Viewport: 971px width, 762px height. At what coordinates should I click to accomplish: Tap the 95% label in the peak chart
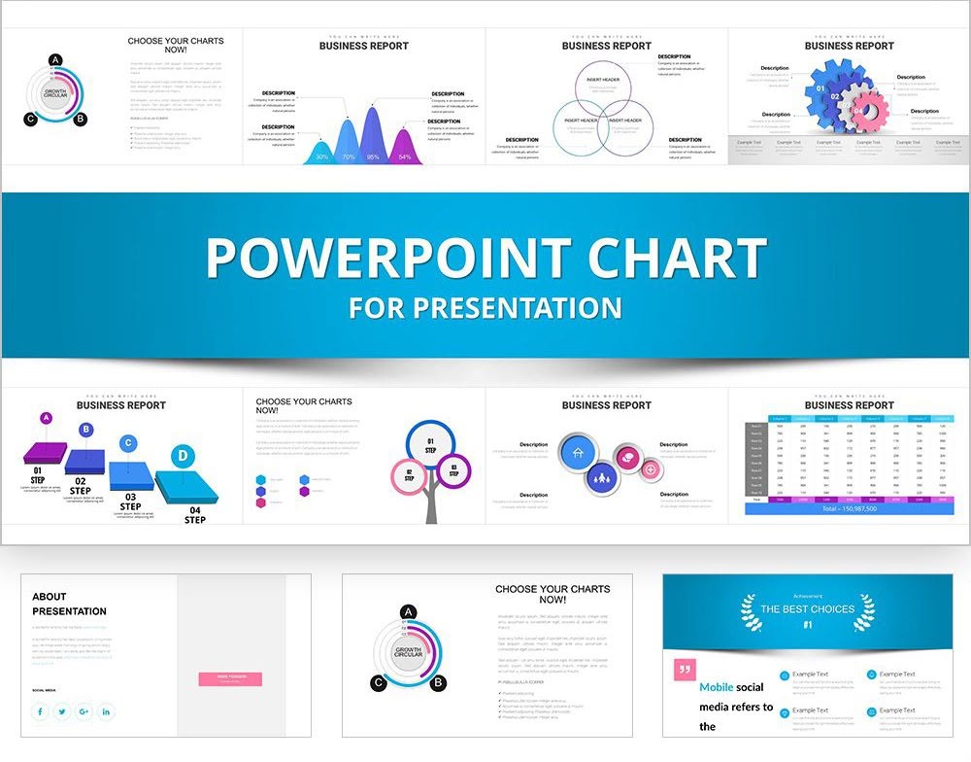pos(373,156)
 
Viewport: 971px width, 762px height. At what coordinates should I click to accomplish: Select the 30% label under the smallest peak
pos(321,156)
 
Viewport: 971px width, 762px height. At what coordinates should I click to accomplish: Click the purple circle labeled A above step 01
pos(46,418)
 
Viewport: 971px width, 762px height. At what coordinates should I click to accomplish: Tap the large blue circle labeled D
pos(181,455)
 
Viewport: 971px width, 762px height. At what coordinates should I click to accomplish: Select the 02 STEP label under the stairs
pos(81,486)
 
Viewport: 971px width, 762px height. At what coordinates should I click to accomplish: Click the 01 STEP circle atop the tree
pos(431,444)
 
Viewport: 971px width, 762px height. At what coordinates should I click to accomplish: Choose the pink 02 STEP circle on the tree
pos(409,475)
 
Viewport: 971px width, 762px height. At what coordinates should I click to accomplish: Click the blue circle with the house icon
pos(577,453)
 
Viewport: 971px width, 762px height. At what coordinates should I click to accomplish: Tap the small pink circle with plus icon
pos(650,469)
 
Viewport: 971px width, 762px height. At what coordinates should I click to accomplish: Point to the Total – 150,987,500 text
pos(849,508)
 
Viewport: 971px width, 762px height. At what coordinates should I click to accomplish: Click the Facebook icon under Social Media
pos(41,711)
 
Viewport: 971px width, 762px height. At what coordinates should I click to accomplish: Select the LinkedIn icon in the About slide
pos(106,711)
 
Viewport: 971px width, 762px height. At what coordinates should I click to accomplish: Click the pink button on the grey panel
pos(230,678)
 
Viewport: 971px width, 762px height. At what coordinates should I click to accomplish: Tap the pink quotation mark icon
pos(685,668)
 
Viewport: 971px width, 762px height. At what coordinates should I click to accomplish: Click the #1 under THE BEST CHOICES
pos(807,624)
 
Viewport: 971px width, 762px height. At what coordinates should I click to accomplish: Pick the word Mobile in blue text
pos(717,687)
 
